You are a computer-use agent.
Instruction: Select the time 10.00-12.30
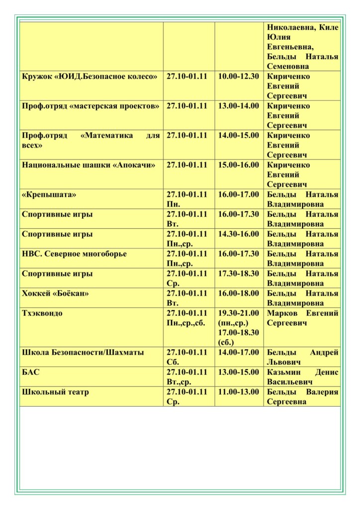point(239,77)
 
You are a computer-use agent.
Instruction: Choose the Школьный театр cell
point(56,392)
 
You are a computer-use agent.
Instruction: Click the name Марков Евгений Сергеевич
point(302,318)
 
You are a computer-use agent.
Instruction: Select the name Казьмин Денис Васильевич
point(302,377)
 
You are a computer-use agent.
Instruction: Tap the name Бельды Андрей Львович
point(302,357)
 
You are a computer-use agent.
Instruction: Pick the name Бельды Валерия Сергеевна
point(302,397)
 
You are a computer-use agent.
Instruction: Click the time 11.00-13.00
point(239,392)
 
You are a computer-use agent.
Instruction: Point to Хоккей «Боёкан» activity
point(56,293)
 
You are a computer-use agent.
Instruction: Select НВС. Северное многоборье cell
point(75,254)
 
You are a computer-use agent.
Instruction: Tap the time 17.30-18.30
point(239,274)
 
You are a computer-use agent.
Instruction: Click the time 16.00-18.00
point(239,293)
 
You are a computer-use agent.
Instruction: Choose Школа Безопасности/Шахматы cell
point(83,352)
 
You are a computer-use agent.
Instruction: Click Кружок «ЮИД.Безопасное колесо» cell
point(90,77)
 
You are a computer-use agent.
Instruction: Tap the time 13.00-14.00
point(239,106)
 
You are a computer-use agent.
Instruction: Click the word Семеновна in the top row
point(288,66)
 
